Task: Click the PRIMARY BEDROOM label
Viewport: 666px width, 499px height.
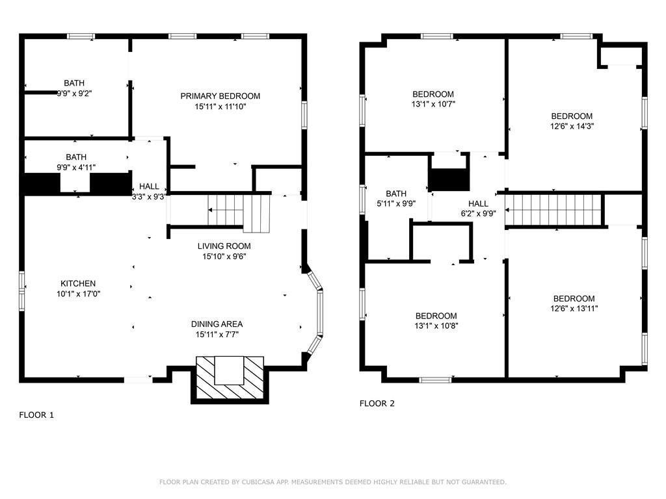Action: click(220, 96)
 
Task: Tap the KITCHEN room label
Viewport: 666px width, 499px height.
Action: click(78, 283)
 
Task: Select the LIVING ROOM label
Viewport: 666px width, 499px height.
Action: click(224, 246)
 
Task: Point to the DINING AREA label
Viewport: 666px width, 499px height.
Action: click(217, 324)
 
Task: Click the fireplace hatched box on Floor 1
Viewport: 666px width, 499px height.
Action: click(230, 377)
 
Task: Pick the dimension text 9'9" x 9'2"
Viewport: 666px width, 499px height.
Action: click(74, 94)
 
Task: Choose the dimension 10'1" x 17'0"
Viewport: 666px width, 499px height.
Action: click(78, 294)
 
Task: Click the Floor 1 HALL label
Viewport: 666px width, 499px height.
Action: click(149, 186)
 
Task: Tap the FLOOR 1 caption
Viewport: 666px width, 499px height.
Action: click(36, 415)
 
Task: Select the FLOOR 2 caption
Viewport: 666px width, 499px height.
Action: click(377, 403)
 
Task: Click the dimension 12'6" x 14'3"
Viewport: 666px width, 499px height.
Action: click(572, 126)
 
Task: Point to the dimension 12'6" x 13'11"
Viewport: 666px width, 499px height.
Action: click(574, 309)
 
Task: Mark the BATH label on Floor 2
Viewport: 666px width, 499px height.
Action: click(396, 194)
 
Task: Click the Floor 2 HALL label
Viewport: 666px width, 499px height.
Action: click(478, 203)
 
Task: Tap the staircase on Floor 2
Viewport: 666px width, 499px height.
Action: click(554, 210)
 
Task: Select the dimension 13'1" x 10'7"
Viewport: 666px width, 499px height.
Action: click(433, 104)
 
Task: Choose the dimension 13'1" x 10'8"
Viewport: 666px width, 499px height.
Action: click(436, 326)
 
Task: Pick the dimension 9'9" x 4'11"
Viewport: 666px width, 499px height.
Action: click(76, 168)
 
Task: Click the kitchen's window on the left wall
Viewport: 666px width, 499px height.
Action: click(21, 291)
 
